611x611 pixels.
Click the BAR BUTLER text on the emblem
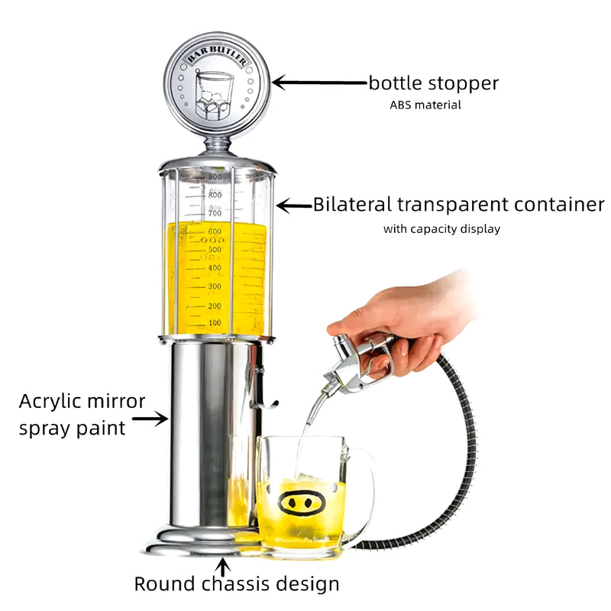(x=217, y=54)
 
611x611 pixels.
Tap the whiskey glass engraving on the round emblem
(x=214, y=95)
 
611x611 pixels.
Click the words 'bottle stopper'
(x=433, y=83)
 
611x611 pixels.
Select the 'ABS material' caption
(x=425, y=105)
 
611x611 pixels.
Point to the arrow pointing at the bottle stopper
(x=319, y=82)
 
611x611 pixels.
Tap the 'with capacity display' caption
(x=441, y=228)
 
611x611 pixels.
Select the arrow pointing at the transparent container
(x=295, y=205)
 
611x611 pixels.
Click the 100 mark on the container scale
(x=215, y=322)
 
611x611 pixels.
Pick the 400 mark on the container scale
(x=215, y=268)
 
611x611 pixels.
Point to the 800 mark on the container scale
(x=215, y=195)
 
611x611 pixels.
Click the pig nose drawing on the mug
(x=301, y=503)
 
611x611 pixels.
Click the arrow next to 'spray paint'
(x=150, y=419)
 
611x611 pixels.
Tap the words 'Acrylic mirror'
(x=82, y=402)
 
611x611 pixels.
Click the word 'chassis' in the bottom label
(x=235, y=584)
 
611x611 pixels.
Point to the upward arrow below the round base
(x=222, y=567)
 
